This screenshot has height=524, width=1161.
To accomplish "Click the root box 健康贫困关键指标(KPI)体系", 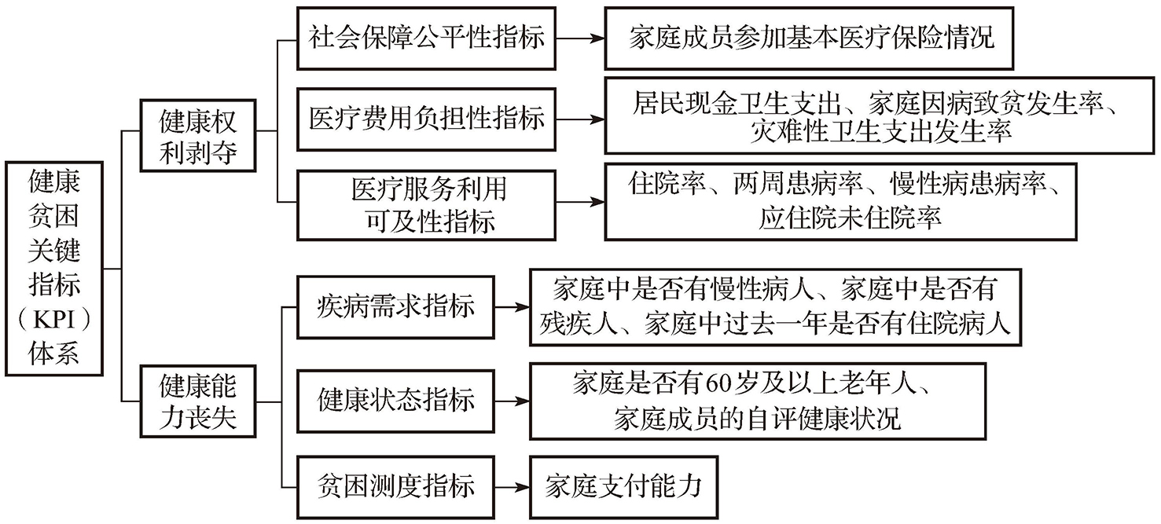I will (54, 267).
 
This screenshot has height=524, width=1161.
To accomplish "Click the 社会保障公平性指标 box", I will (426, 38).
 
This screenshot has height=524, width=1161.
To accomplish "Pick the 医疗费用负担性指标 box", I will (426, 119).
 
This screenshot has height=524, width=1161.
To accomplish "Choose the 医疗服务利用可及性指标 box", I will (426, 204).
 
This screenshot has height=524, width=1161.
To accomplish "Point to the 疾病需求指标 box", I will (396, 306).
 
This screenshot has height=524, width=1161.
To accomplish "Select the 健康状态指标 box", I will (396, 400).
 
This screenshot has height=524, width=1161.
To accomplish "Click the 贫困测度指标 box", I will (396, 486).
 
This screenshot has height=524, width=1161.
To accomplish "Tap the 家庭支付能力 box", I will (623, 486).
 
